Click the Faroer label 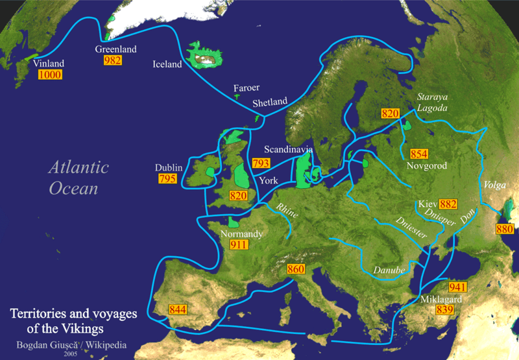246,88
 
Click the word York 269,181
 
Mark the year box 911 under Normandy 239,245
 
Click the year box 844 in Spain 178,309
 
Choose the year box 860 296,269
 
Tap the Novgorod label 425,167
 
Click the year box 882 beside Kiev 448,203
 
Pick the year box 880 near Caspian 505,229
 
